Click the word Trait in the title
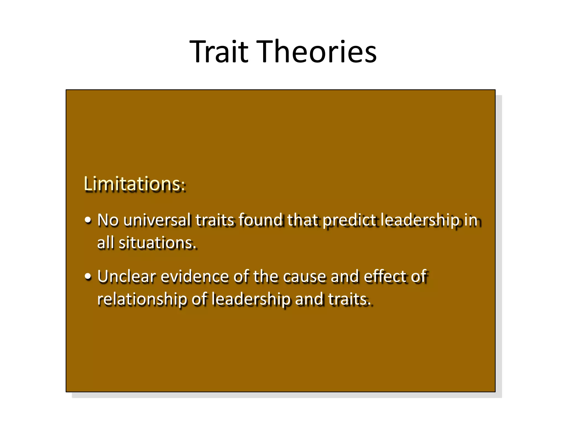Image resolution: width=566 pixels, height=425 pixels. click(219, 52)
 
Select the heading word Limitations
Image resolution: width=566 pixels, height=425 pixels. click(132, 184)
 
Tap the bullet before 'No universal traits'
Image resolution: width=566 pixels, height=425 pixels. click(88, 221)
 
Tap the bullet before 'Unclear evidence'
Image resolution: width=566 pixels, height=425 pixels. click(88, 277)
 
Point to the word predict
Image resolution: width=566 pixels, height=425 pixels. click(349, 221)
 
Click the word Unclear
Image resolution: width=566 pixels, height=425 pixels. click(127, 277)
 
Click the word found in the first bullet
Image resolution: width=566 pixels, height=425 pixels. click(260, 221)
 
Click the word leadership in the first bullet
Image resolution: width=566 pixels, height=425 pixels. click(420, 221)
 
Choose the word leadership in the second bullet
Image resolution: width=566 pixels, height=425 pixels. click(251, 300)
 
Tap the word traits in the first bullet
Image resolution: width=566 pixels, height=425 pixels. click(215, 221)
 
